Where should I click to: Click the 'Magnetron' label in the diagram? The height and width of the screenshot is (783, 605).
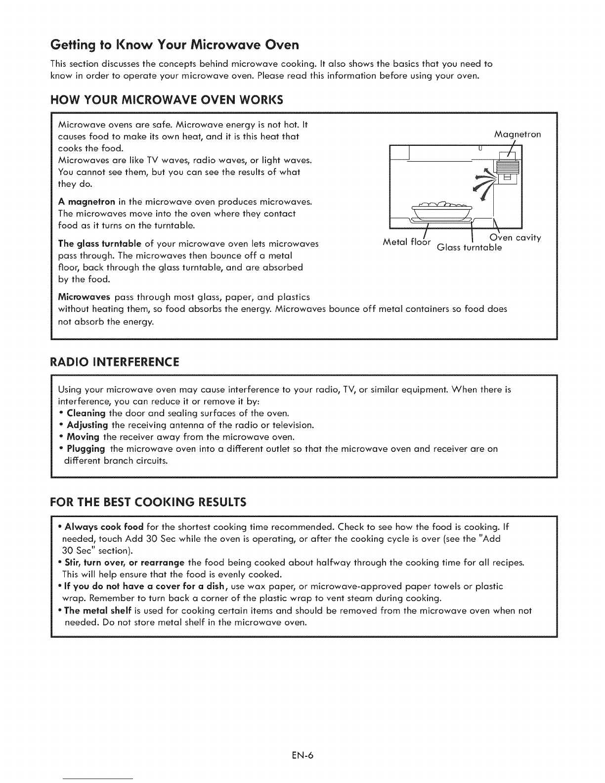click(518, 134)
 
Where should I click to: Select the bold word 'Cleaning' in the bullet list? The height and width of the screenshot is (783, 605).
click(86, 413)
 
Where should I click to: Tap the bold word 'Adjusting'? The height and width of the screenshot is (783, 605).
click(87, 425)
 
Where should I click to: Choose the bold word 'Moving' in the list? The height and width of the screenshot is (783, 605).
click(83, 437)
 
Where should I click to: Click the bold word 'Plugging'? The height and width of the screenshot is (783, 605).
click(86, 449)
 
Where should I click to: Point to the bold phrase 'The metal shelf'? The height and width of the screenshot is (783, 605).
click(94, 610)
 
